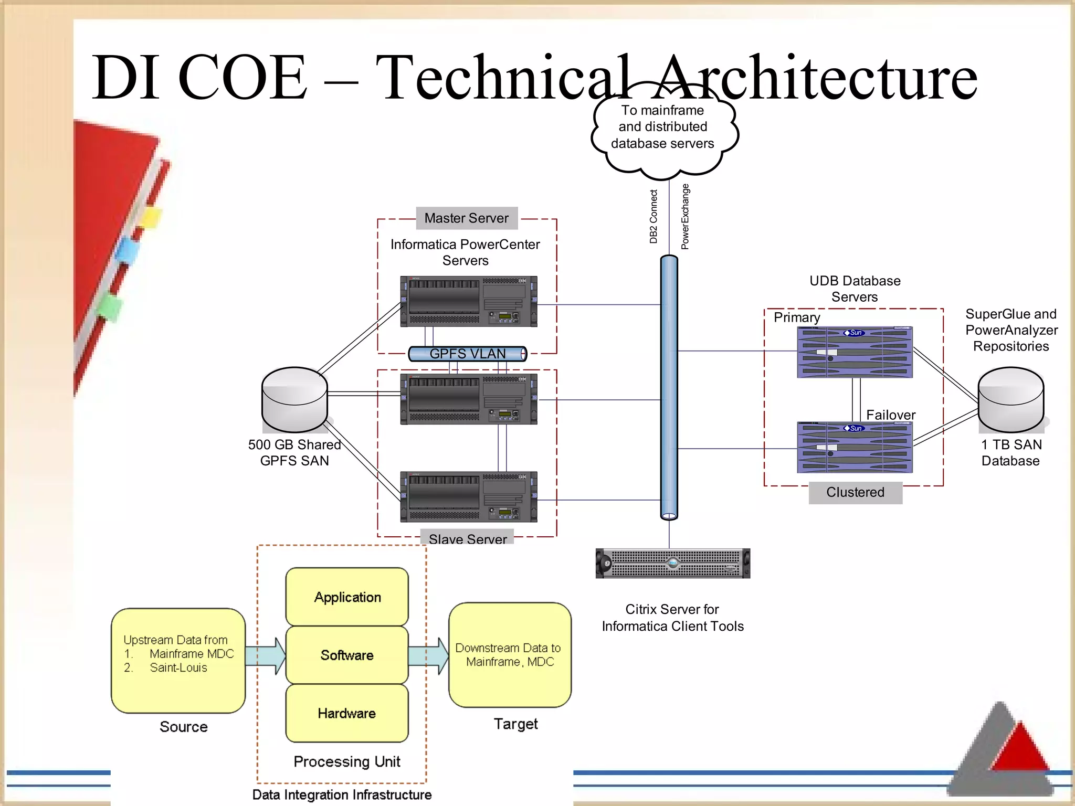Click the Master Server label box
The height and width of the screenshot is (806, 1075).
point(467,218)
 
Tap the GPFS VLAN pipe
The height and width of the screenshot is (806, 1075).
point(467,354)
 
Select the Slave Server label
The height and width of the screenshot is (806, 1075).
point(467,538)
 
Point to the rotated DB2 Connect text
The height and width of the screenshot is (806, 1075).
point(654,217)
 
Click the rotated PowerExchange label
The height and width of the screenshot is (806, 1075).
point(685,217)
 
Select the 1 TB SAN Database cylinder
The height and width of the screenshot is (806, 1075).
point(1010,400)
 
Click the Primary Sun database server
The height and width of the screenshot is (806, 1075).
point(855,352)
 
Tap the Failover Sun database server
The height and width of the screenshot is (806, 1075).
point(855,448)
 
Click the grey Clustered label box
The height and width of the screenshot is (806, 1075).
point(855,492)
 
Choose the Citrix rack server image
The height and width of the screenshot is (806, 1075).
point(672,564)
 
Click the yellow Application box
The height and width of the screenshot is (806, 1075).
point(347,597)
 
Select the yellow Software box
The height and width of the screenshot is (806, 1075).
point(347,655)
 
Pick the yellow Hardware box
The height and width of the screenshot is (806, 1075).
point(347,713)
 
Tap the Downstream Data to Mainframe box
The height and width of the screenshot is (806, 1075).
point(510,655)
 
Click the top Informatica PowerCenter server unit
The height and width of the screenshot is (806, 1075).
point(468,302)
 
